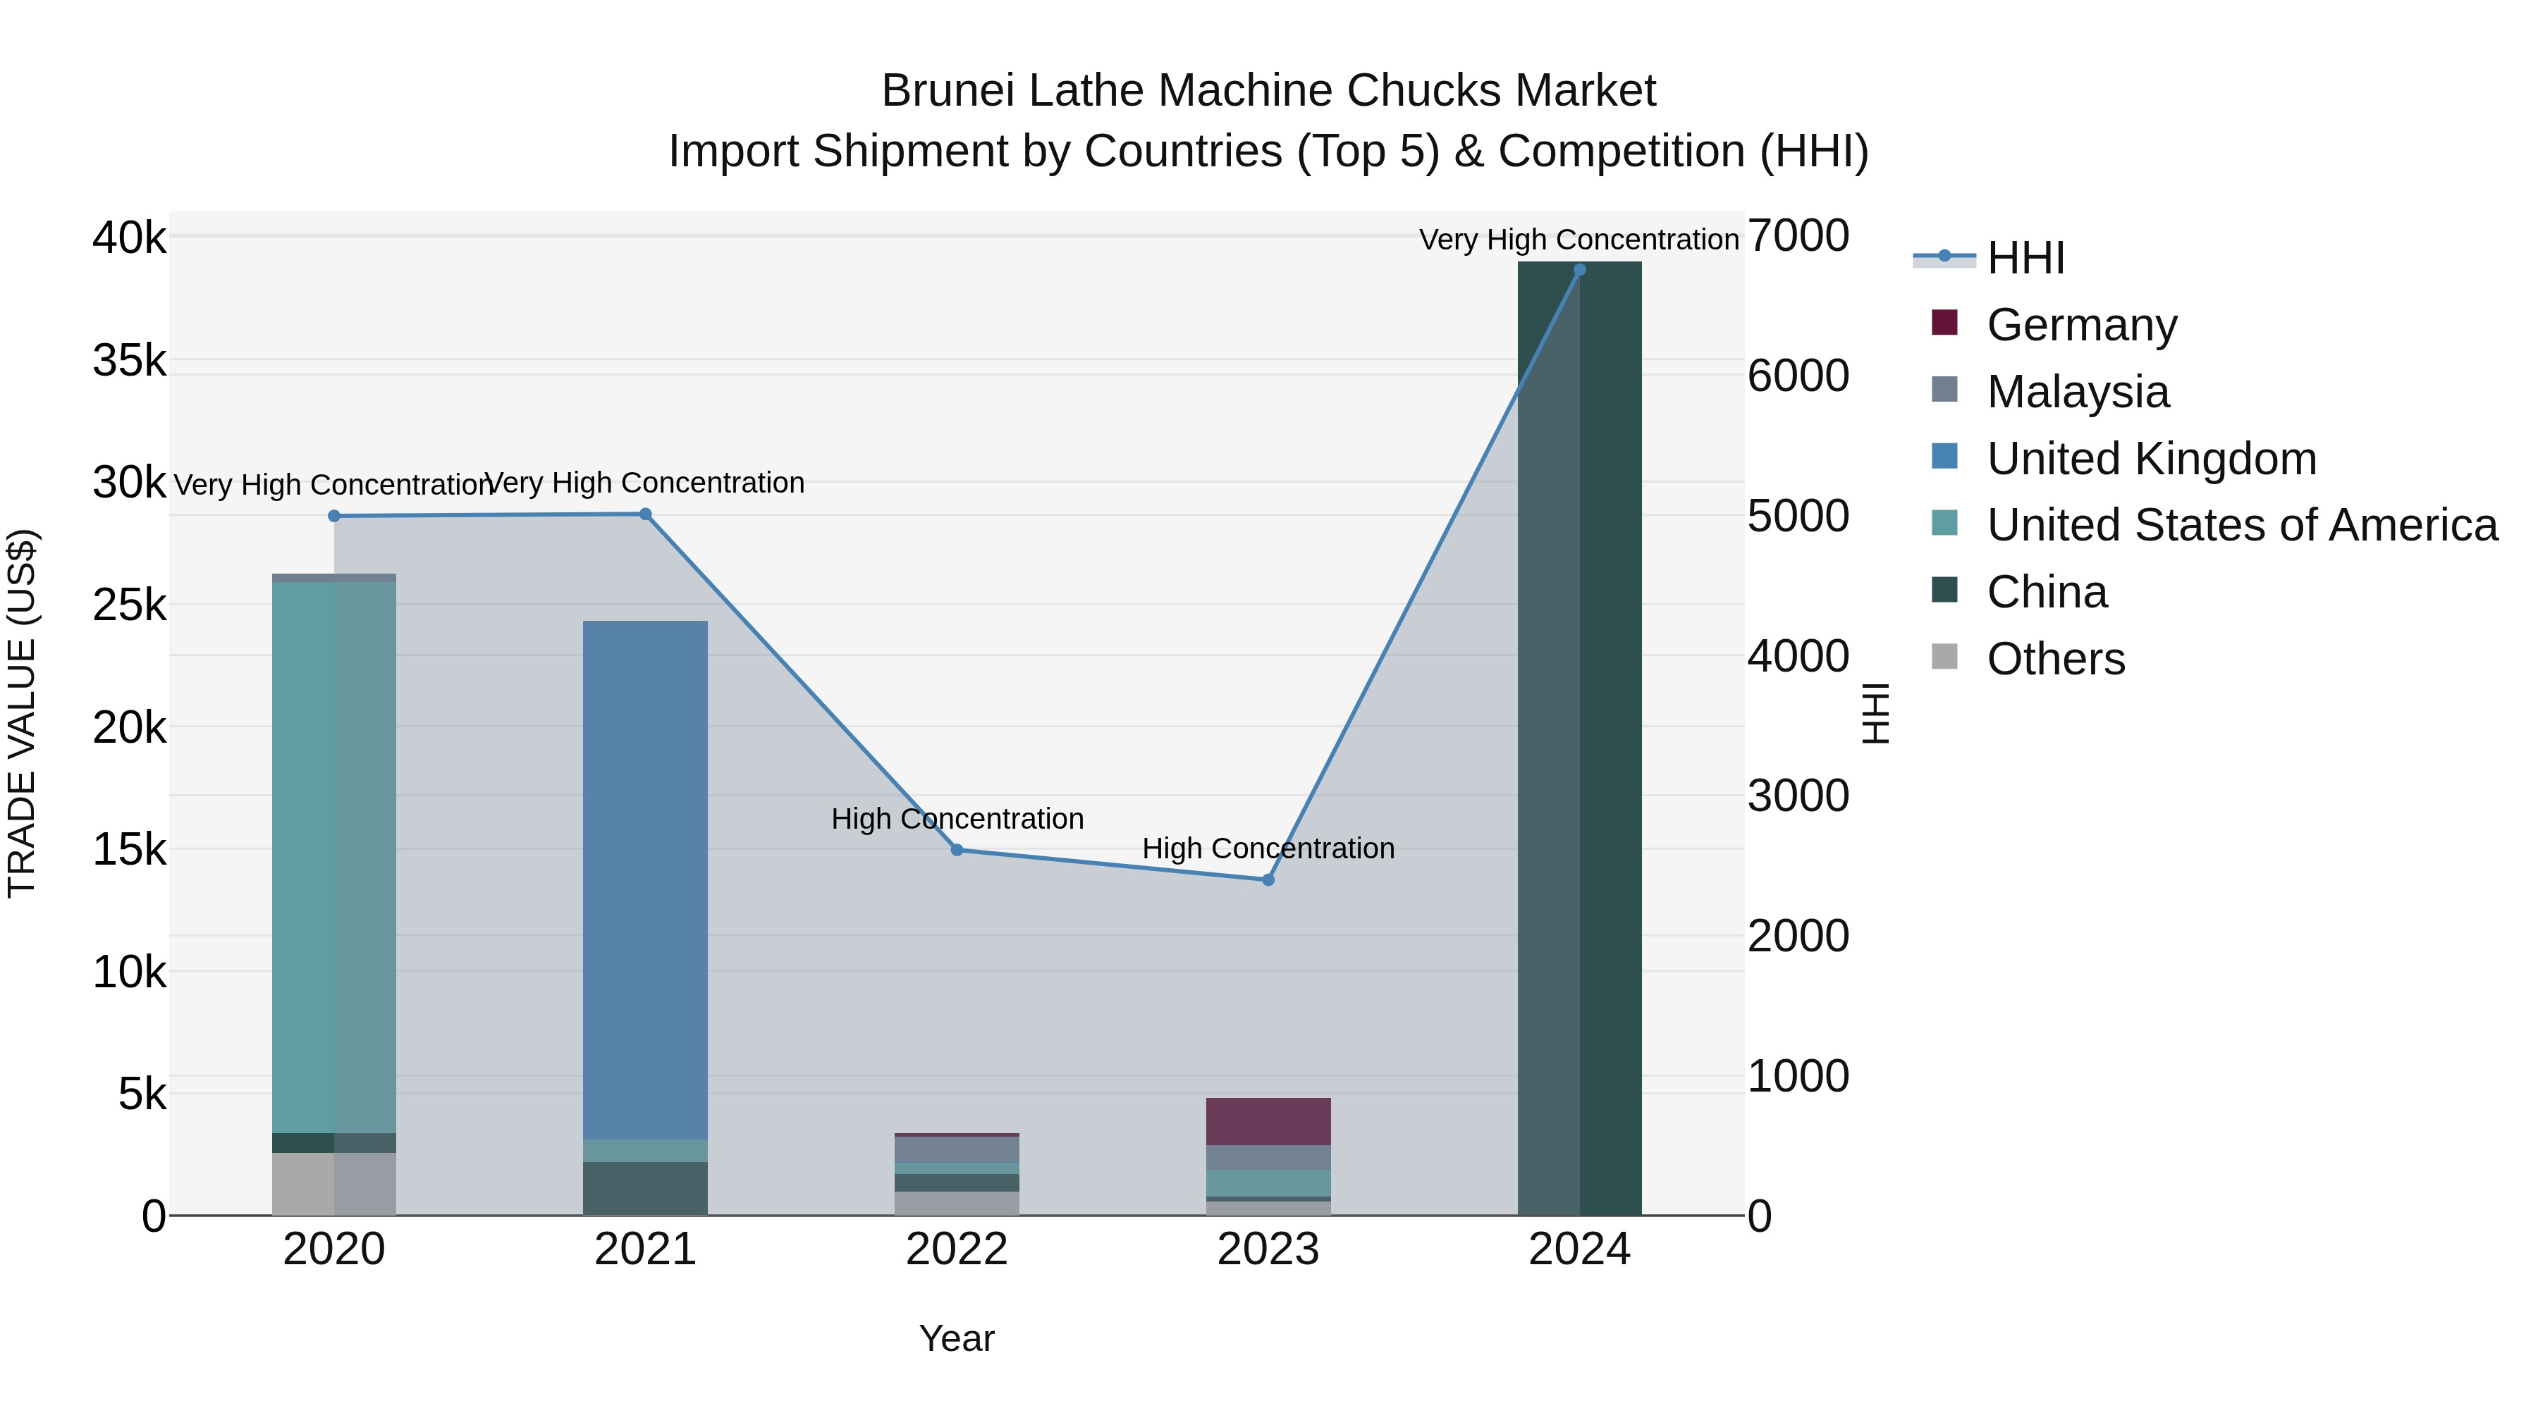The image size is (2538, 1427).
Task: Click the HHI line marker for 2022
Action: pos(957,850)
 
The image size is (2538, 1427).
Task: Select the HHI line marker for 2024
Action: pos(1579,270)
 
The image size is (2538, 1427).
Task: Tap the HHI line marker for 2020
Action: pos(334,516)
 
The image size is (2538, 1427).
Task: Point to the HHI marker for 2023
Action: pos(1268,880)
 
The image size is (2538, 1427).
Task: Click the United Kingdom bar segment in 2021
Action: pos(645,879)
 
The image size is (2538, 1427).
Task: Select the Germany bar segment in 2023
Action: pos(1268,1122)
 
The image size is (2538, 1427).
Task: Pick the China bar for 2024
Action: pos(1579,739)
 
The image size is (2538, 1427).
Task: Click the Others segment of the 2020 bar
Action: pos(334,1184)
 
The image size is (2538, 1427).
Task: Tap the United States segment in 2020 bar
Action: pos(334,857)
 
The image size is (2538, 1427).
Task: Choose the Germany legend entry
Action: pos(2081,325)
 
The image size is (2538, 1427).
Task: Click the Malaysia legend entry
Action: pos(2077,392)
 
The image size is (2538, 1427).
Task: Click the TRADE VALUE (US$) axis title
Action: pos(22,713)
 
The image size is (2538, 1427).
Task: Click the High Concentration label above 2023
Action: pos(1268,849)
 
